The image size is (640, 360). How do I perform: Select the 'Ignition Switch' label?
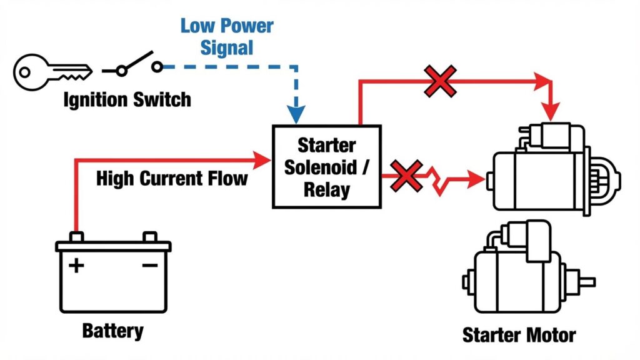(127, 99)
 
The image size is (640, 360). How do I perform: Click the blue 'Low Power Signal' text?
(227, 37)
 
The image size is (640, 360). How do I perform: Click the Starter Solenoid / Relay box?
(326, 166)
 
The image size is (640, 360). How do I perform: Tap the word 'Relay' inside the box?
(326, 189)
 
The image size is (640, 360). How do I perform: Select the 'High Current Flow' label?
(172, 179)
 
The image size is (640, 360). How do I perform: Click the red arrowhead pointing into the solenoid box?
(262, 160)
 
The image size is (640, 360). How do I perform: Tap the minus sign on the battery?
(150, 266)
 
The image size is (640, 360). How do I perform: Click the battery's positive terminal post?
(76, 237)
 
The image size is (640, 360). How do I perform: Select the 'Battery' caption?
(112, 331)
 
